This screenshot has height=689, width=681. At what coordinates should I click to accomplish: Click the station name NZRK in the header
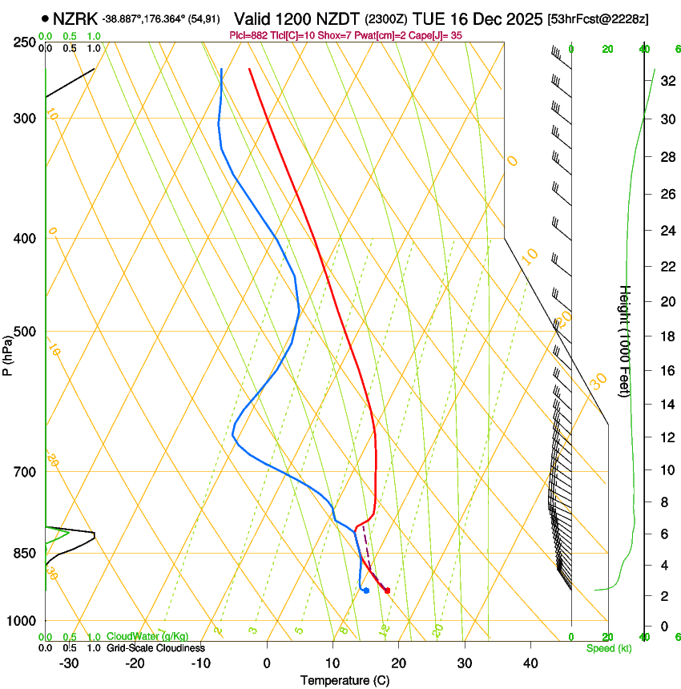point(76,18)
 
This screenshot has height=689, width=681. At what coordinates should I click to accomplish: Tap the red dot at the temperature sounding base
point(388,590)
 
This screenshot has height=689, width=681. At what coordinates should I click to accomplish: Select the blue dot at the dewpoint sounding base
point(366,590)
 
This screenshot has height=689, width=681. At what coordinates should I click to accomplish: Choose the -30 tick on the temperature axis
point(69,663)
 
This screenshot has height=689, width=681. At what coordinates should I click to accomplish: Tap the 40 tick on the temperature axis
point(530,663)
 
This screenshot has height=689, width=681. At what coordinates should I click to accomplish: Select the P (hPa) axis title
point(8,353)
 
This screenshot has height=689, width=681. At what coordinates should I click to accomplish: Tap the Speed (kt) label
point(608,648)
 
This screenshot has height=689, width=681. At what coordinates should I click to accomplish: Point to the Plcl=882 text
point(249,35)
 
